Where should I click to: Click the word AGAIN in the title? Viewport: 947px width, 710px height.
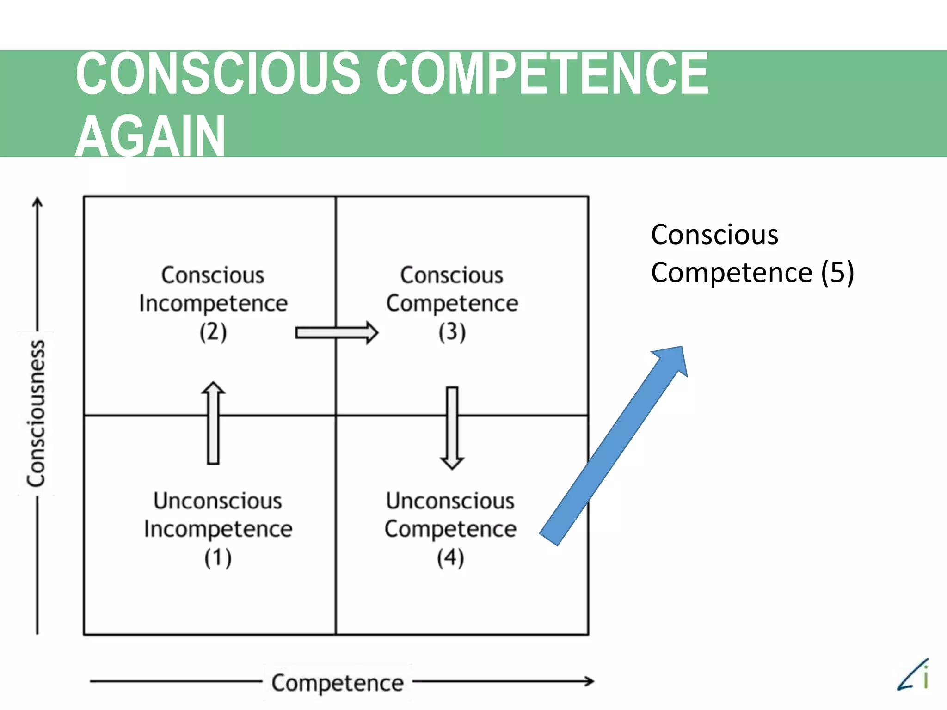[150, 136]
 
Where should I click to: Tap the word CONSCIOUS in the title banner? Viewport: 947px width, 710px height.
[217, 74]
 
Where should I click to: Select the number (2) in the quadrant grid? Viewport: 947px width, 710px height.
[213, 332]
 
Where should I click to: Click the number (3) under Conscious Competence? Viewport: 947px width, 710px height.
[452, 332]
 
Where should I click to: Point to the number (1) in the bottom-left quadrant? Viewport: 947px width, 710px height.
[218, 557]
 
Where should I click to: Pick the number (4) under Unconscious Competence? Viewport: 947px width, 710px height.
[450, 557]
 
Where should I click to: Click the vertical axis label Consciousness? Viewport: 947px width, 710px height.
[36, 413]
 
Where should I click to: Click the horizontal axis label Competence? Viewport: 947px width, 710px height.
[338, 683]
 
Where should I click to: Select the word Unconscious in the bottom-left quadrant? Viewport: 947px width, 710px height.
[218, 501]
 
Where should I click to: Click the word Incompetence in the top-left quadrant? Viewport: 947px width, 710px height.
[213, 303]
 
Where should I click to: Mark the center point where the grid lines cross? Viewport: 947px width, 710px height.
[336, 416]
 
